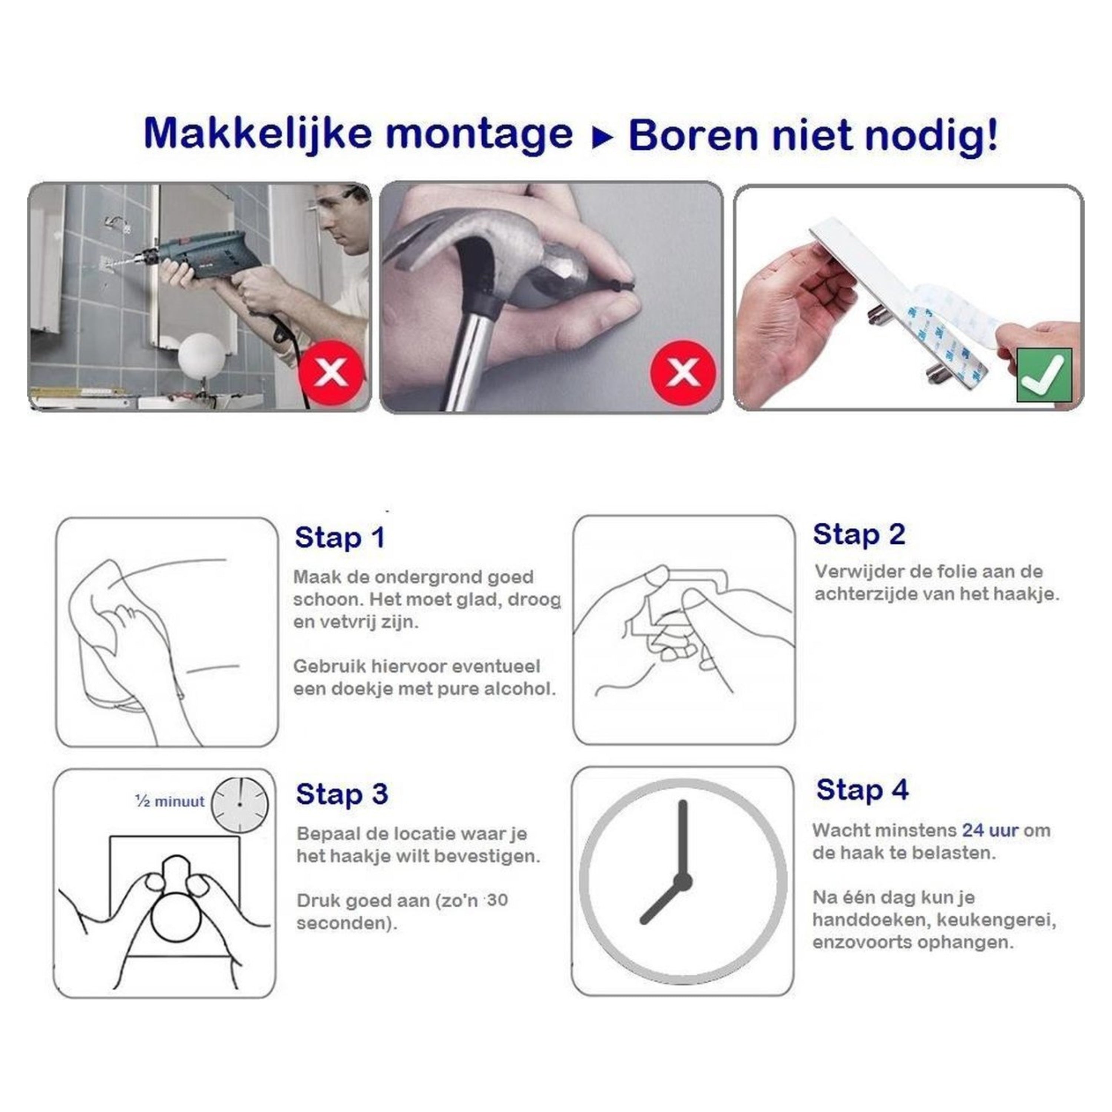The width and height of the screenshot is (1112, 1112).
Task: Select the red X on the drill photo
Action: [331, 373]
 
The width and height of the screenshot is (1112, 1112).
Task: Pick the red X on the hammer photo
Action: [683, 373]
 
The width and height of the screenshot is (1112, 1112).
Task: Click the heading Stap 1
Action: [339, 537]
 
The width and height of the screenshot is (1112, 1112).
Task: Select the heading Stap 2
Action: [859, 534]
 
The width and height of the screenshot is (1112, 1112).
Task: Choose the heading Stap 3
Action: [342, 794]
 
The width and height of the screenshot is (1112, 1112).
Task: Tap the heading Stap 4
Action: [862, 789]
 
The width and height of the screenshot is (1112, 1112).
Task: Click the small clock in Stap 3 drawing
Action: [239, 805]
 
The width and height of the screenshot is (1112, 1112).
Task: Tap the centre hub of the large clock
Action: [683, 882]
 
